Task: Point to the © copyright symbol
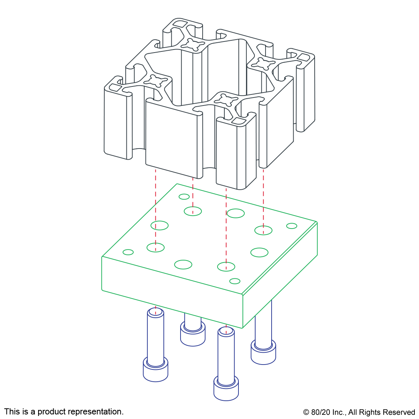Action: coord(306,412)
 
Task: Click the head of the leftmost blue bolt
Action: coord(155,369)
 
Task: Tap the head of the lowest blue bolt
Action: coord(226,388)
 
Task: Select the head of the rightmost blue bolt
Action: coord(263,352)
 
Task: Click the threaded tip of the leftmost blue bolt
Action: coord(155,312)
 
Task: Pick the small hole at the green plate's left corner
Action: coord(128,252)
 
